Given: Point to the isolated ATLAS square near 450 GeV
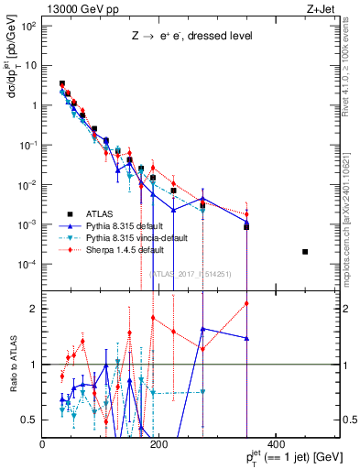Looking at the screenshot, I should (305, 252).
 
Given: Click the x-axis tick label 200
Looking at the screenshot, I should (158, 444).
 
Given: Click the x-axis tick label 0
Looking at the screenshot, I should (43, 444).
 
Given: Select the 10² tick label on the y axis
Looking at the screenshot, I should (28, 26).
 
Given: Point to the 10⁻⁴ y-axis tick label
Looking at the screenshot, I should (28, 265).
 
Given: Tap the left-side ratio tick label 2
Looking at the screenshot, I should (35, 309).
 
